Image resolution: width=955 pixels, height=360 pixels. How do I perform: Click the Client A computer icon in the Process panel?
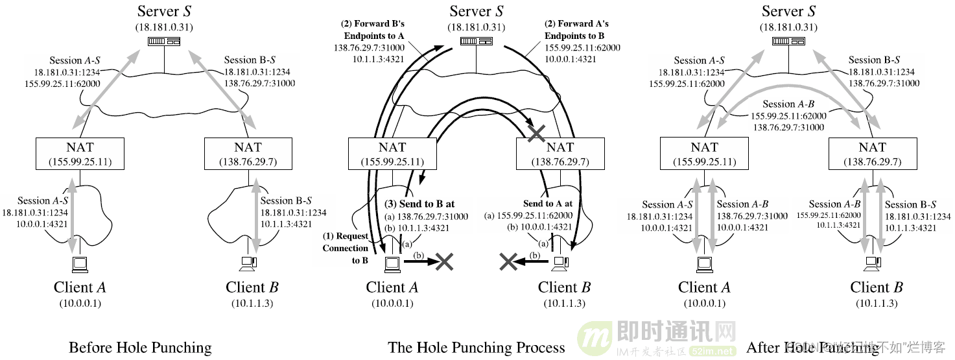tap(392, 263)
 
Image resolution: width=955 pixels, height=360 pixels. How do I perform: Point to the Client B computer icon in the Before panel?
tap(248, 263)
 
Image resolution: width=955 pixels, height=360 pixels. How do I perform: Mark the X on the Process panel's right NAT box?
tap(536, 134)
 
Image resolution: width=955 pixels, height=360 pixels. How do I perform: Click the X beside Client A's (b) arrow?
tap(444, 261)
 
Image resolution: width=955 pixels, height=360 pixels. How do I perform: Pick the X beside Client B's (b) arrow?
tap(509, 261)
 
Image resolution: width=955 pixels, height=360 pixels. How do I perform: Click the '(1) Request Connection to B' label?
tap(345, 248)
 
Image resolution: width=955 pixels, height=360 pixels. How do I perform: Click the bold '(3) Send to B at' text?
tap(419, 204)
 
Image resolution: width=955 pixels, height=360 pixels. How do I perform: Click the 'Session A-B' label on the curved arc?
tap(788, 104)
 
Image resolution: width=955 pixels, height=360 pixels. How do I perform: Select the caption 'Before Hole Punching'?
tap(140, 348)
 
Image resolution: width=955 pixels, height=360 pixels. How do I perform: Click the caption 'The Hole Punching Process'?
tap(477, 348)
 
